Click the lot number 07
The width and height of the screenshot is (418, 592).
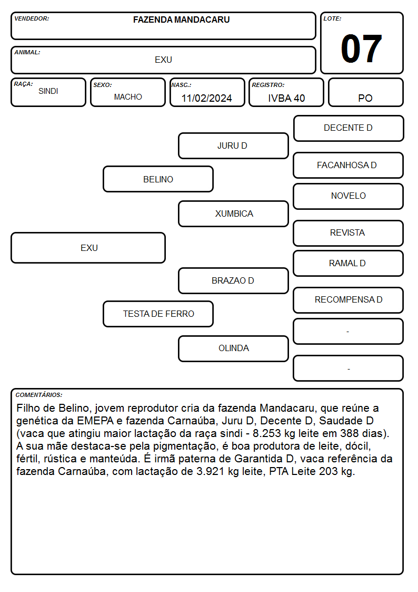(x=361, y=48)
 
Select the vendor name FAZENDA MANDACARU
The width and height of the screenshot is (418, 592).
(x=181, y=20)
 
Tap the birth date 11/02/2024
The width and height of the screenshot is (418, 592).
(x=206, y=98)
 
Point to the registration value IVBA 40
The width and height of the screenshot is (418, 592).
(x=286, y=98)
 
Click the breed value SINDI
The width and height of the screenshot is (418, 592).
(x=48, y=91)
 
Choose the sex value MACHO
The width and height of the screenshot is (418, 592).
(x=128, y=97)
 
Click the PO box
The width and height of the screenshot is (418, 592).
(x=365, y=92)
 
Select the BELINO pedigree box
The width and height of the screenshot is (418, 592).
(x=158, y=179)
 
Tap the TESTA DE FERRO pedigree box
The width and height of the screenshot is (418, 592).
(x=158, y=314)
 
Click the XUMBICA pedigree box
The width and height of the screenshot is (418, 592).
(x=233, y=213)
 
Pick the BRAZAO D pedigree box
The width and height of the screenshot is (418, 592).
(x=233, y=280)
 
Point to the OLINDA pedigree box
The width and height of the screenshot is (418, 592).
(x=233, y=348)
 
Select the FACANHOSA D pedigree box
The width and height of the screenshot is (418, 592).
(x=349, y=165)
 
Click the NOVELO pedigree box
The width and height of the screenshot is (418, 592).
(x=349, y=196)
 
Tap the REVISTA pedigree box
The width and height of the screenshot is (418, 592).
(x=349, y=233)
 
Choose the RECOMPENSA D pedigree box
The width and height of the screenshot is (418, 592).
(x=349, y=300)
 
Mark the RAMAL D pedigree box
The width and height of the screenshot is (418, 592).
(x=349, y=263)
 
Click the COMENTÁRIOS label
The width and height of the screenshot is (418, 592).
(x=39, y=395)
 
